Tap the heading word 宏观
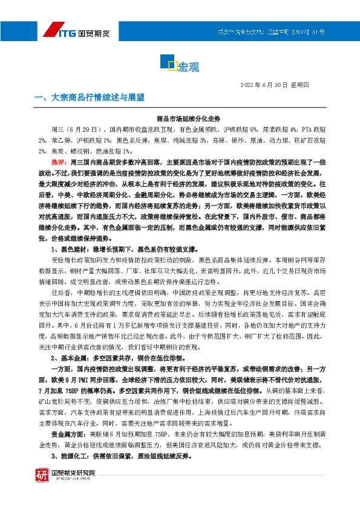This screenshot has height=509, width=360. point(189,66)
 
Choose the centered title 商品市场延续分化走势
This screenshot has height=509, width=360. point(180,118)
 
